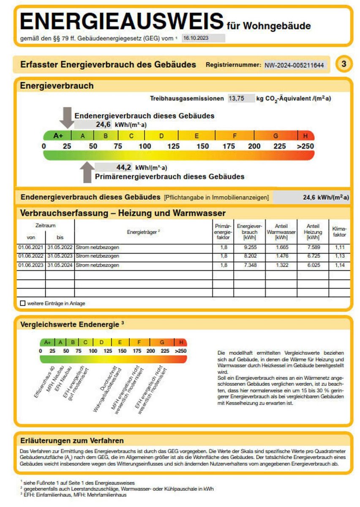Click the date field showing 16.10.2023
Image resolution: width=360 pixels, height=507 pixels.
(203, 38)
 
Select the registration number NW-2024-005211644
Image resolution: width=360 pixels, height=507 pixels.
(295, 65)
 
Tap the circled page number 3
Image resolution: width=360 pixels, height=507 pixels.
(344, 64)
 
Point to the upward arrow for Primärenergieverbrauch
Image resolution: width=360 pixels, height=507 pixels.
(87, 172)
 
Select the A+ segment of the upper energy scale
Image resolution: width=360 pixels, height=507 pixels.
(58, 136)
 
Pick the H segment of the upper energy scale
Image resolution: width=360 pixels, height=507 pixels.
(305, 136)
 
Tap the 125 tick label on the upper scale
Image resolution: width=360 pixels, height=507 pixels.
(174, 147)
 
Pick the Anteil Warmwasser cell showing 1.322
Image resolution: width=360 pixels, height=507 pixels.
(281, 265)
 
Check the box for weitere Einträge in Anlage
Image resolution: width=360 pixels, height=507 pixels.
(23, 303)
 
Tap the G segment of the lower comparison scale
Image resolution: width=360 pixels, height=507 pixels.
(162, 342)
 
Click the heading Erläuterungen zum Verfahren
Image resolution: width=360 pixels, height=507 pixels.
(72, 441)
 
